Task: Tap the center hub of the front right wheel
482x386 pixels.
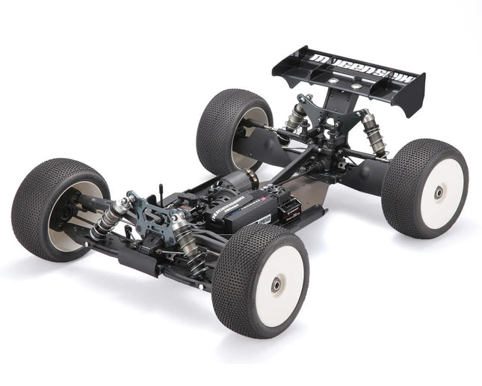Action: pyautogui.click(x=277, y=284)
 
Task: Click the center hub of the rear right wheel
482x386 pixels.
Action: pyautogui.click(x=439, y=193)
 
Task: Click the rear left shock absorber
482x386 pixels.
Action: pyautogui.click(x=297, y=116)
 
